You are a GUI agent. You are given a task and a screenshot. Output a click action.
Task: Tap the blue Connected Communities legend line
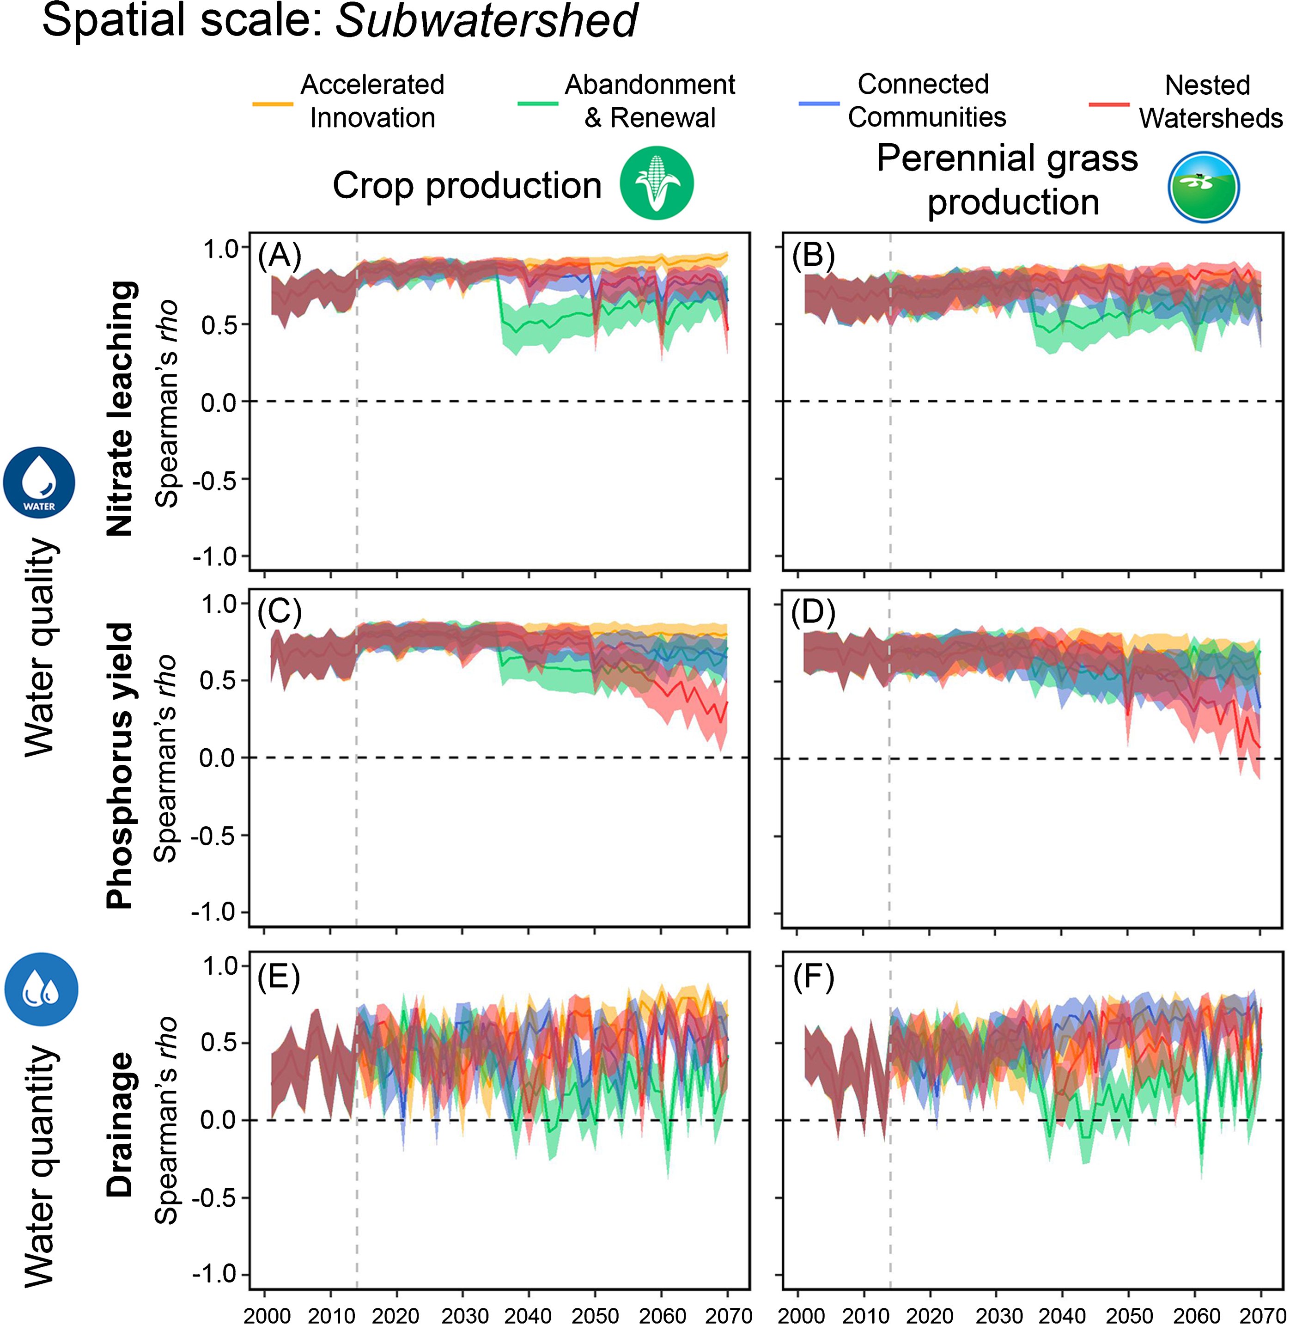819,104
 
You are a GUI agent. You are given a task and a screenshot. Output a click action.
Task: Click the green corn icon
657,183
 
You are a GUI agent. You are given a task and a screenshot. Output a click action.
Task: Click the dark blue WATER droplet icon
39,482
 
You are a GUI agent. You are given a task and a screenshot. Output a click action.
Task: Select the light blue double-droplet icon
41,989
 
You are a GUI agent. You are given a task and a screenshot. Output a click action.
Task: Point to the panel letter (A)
279,256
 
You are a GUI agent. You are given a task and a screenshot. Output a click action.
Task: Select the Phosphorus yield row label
121,766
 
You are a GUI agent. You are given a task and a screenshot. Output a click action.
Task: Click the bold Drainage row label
121,1124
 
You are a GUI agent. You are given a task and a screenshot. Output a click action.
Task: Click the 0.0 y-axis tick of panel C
217,758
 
